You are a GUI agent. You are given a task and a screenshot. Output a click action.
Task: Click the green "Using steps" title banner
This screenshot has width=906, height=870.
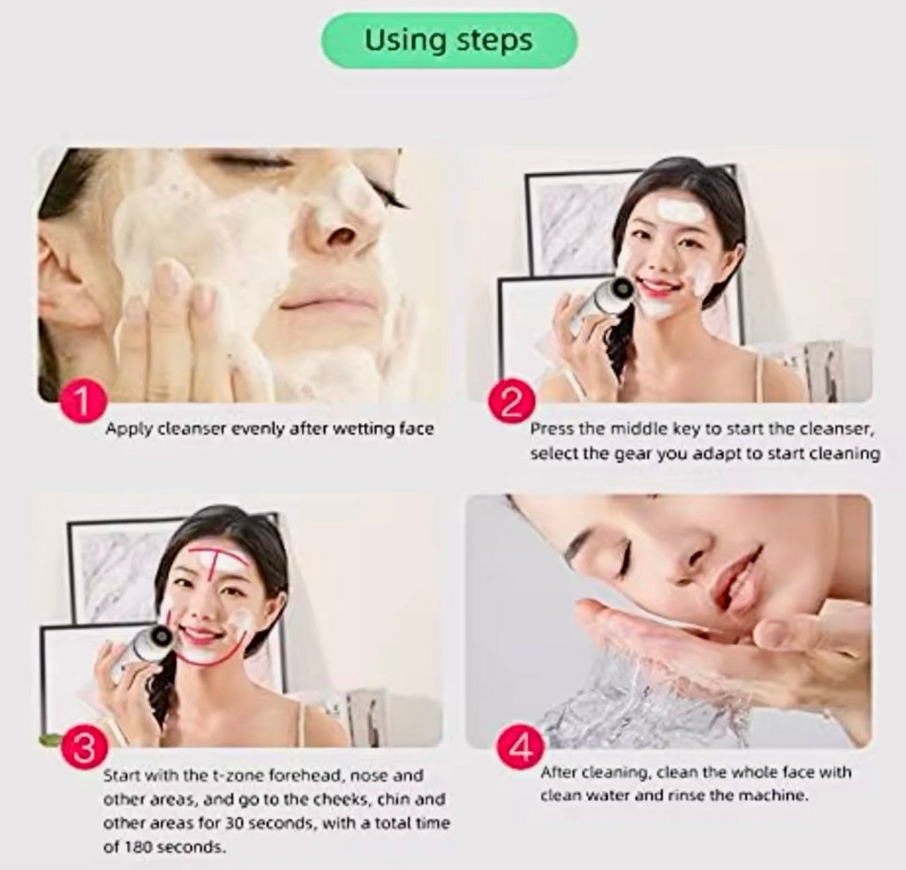tap(449, 40)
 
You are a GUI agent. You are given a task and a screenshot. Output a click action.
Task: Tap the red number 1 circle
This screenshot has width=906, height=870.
tap(84, 401)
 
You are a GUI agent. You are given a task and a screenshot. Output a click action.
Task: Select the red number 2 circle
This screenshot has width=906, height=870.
tap(511, 401)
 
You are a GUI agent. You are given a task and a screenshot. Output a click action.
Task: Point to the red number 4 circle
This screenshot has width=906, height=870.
tap(520, 748)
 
